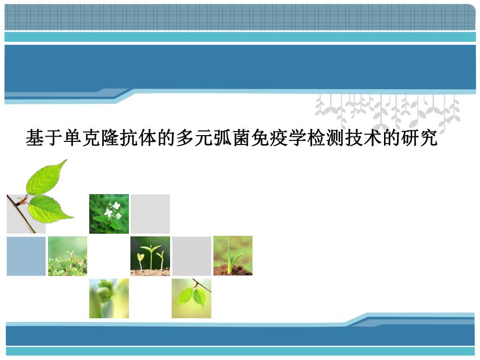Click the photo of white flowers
coord(109,213)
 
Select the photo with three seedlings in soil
coord(150,256)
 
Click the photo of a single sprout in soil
coord(233,256)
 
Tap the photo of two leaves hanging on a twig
coord(191,298)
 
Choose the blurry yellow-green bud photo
coord(109,298)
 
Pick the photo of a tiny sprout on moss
coord(67,256)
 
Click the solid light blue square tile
coord(26,256)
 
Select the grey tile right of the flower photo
coord(150,213)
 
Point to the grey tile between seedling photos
coord(191,256)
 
